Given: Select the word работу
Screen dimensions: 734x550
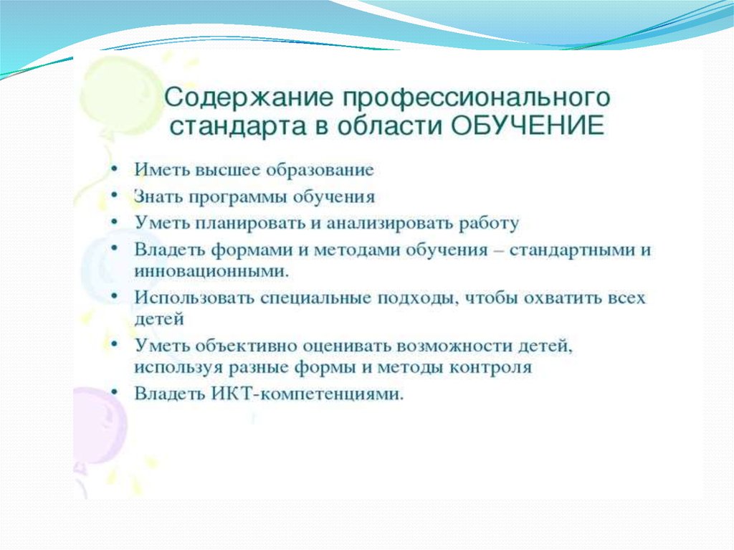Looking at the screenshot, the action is [x=489, y=224].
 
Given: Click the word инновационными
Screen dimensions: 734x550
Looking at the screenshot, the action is [x=211, y=271].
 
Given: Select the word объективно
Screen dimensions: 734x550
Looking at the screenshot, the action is [x=247, y=346].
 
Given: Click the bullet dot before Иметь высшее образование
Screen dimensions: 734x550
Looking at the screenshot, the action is [x=114, y=169].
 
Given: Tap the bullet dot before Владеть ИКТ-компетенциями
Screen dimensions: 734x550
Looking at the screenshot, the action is [x=114, y=392].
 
